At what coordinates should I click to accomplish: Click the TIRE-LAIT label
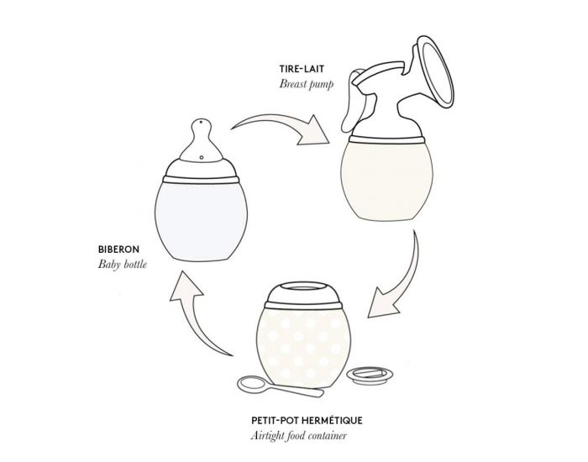click(x=303, y=68)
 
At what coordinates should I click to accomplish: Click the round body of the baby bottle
click(x=200, y=219)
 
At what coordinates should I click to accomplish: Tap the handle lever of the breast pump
click(x=367, y=105)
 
